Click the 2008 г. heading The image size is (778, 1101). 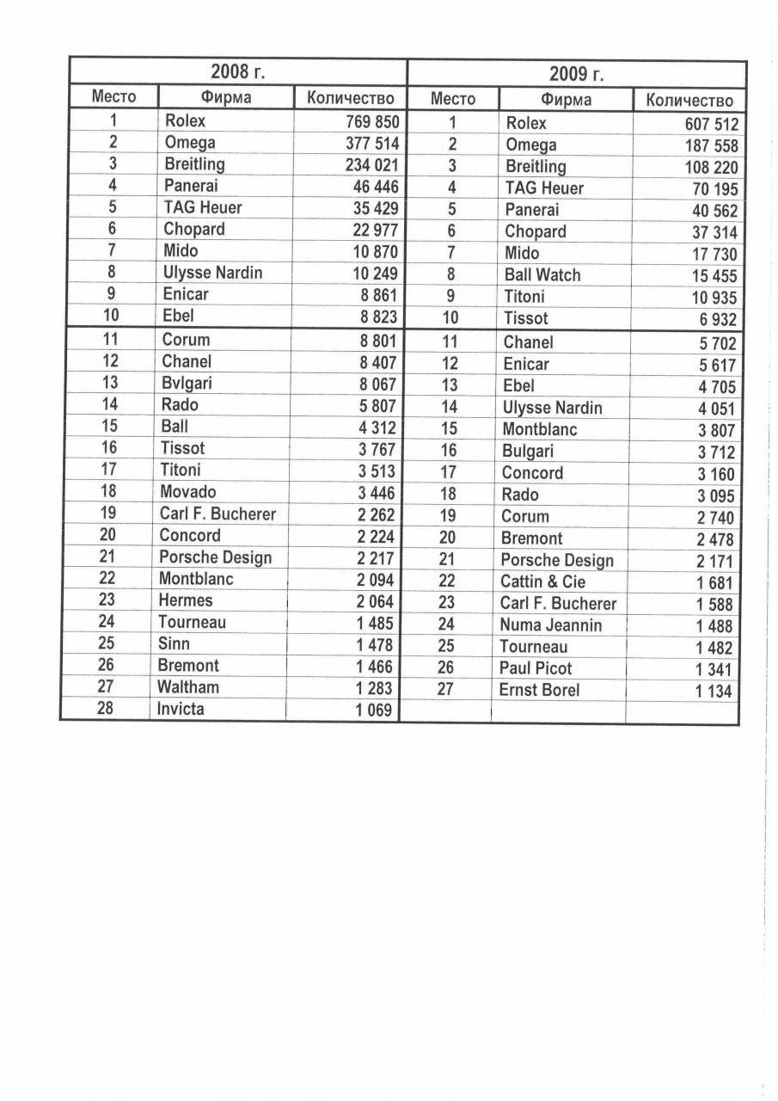238,71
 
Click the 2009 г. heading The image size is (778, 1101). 576,73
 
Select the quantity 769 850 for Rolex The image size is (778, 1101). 371,122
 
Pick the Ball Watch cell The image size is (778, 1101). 542,275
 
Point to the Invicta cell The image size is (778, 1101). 181,710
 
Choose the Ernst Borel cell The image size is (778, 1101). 539,690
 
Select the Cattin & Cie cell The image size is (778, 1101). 542,582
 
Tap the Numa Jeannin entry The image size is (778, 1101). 550,625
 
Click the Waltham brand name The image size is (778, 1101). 187,687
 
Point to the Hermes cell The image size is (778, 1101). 185,600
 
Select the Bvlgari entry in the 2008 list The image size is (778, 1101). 185,383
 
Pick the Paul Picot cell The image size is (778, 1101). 535,668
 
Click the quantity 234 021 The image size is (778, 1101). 371,165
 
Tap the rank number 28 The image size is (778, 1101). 106,709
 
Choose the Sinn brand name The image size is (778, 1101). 174,643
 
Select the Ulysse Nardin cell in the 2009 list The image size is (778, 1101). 552,408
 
